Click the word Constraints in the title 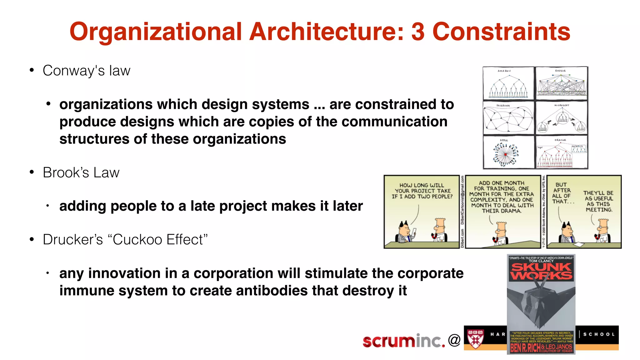pos(501,32)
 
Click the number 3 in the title pos(418,32)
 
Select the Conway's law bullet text pos(86,71)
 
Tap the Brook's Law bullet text pos(81,172)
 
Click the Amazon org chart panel pos(508,83)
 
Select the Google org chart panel pos(562,83)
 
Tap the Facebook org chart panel pos(508,118)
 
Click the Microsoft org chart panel pos(562,118)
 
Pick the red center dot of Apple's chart pos(505,154)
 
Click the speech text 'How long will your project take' pos(422,191)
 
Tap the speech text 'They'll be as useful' pos(598,201)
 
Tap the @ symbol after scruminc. pos(454,340)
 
